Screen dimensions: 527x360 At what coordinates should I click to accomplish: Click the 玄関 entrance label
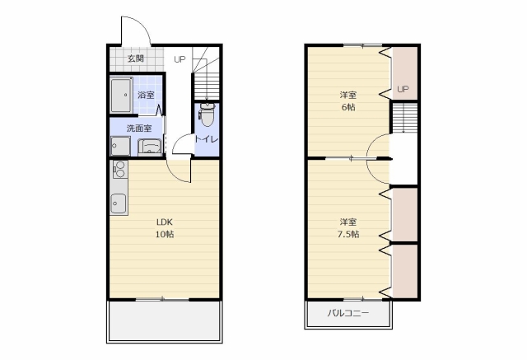[x=136, y=58]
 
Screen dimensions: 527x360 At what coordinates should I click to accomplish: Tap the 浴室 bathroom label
[x=147, y=95]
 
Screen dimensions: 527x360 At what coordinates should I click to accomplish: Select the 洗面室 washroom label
[x=139, y=128]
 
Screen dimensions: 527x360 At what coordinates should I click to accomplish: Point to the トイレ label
[x=207, y=139]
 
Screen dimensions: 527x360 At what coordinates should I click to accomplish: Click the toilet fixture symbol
[x=207, y=115]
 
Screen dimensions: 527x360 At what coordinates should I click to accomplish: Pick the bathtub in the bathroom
[x=121, y=96]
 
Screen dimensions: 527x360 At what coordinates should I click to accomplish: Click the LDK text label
[x=165, y=222]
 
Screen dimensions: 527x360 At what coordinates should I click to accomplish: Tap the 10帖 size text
[x=165, y=234]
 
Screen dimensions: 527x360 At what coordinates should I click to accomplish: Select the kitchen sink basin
[x=119, y=203]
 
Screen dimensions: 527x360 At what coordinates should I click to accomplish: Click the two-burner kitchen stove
[x=119, y=170]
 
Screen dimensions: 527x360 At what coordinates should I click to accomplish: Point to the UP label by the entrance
[x=180, y=59]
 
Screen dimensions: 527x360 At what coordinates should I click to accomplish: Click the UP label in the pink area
[x=403, y=89]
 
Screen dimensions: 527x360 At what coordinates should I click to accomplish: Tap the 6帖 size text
[x=348, y=107]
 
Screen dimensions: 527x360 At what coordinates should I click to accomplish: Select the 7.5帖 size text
[x=348, y=234]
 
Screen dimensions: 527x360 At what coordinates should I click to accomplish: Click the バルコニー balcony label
[x=348, y=313]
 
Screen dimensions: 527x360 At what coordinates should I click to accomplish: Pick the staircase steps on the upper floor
[x=404, y=118]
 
